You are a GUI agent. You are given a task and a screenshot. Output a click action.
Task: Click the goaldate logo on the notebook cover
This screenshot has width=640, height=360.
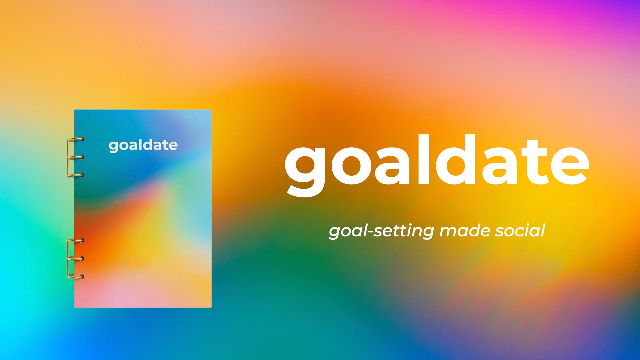[x=143, y=145]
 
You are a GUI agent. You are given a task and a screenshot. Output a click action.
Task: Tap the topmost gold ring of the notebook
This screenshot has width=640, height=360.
[x=76, y=139]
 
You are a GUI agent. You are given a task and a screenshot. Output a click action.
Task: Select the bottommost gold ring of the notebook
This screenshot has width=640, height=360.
[x=76, y=276]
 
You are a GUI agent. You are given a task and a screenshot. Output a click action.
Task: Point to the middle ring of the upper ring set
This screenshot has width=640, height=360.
[x=76, y=157]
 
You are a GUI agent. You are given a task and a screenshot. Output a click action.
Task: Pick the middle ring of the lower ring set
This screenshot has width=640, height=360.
[x=76, y=258]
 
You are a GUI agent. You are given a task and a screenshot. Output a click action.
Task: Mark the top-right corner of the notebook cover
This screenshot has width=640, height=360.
[x=211, y=110]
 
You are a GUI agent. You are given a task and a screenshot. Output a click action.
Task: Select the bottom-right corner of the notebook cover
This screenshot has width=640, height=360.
[x=211, y=307]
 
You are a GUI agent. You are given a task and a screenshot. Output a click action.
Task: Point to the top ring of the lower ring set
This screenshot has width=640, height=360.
[x=76, y=240]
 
